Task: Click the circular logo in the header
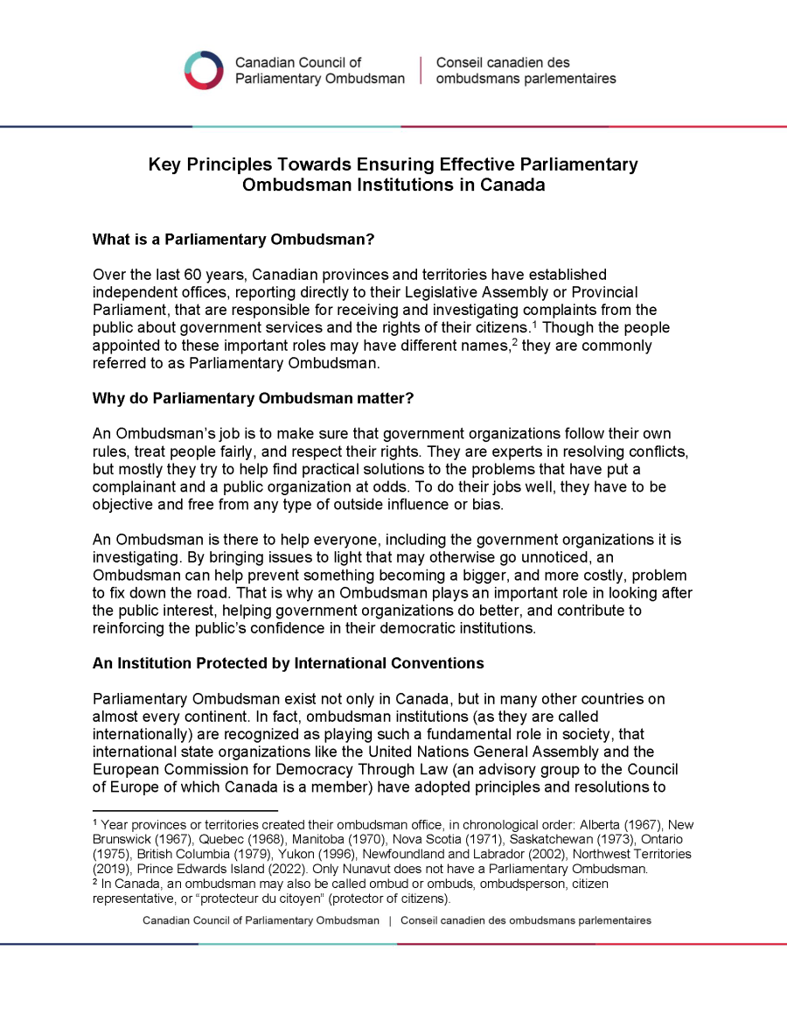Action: point(204,70)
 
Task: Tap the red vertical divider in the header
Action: point(421,70)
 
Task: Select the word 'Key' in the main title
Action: point(164,164)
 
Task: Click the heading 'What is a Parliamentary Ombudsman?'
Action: point(233,239)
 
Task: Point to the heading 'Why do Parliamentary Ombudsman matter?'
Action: point(253,398)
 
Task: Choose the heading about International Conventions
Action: point(288,663)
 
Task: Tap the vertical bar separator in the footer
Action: point(390,921)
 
